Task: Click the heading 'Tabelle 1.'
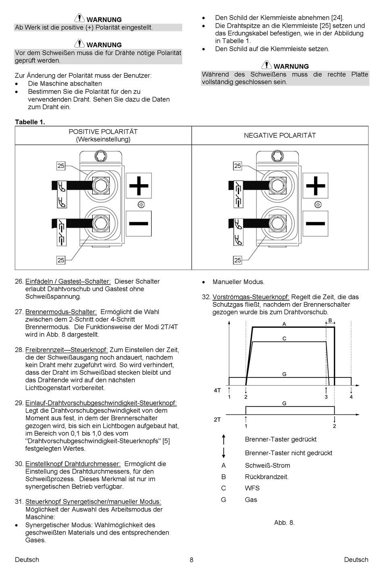[30, 122]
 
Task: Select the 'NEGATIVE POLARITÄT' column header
[280, 136]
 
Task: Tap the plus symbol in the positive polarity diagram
[139, 186]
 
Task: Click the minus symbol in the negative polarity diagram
[316, 223]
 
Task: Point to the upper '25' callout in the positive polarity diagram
[61, 166]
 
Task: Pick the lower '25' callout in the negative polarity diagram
[237, 260]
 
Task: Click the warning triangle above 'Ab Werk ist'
[79, 18]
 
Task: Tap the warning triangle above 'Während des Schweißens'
[266, 65]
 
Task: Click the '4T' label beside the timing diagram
[217, 390]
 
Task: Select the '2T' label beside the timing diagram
[217, 419]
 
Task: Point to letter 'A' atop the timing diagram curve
[284, 324]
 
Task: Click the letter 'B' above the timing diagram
[330, 320]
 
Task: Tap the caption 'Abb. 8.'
[284, 522]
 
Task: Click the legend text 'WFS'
[252, 488]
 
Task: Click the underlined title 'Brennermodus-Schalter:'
[61, 312]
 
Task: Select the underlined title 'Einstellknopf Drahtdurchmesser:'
[73, 464]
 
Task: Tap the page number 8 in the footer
[191, 560]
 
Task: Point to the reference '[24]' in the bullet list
[337, 18]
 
